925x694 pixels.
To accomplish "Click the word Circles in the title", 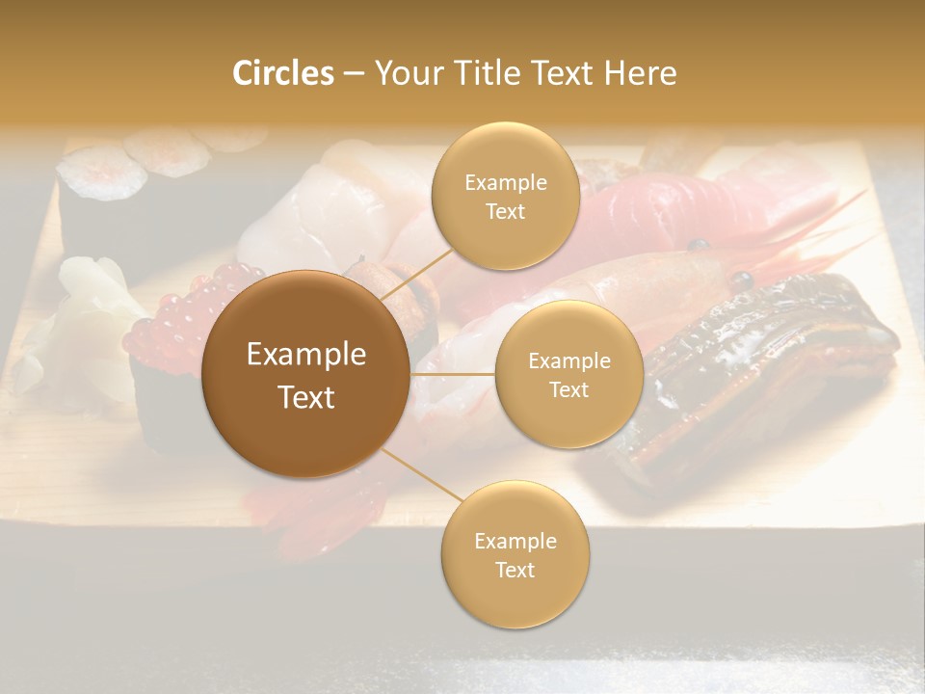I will point(283,73).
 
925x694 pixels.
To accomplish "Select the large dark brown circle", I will point(305,374).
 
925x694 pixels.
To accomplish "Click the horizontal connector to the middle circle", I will point(453,374).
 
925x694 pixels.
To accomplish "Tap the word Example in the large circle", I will point(305,355).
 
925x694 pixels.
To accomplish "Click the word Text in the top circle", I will point(505,212).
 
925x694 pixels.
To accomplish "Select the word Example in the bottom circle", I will point(515,542).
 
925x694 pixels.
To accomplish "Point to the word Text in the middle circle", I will point(568,390).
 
